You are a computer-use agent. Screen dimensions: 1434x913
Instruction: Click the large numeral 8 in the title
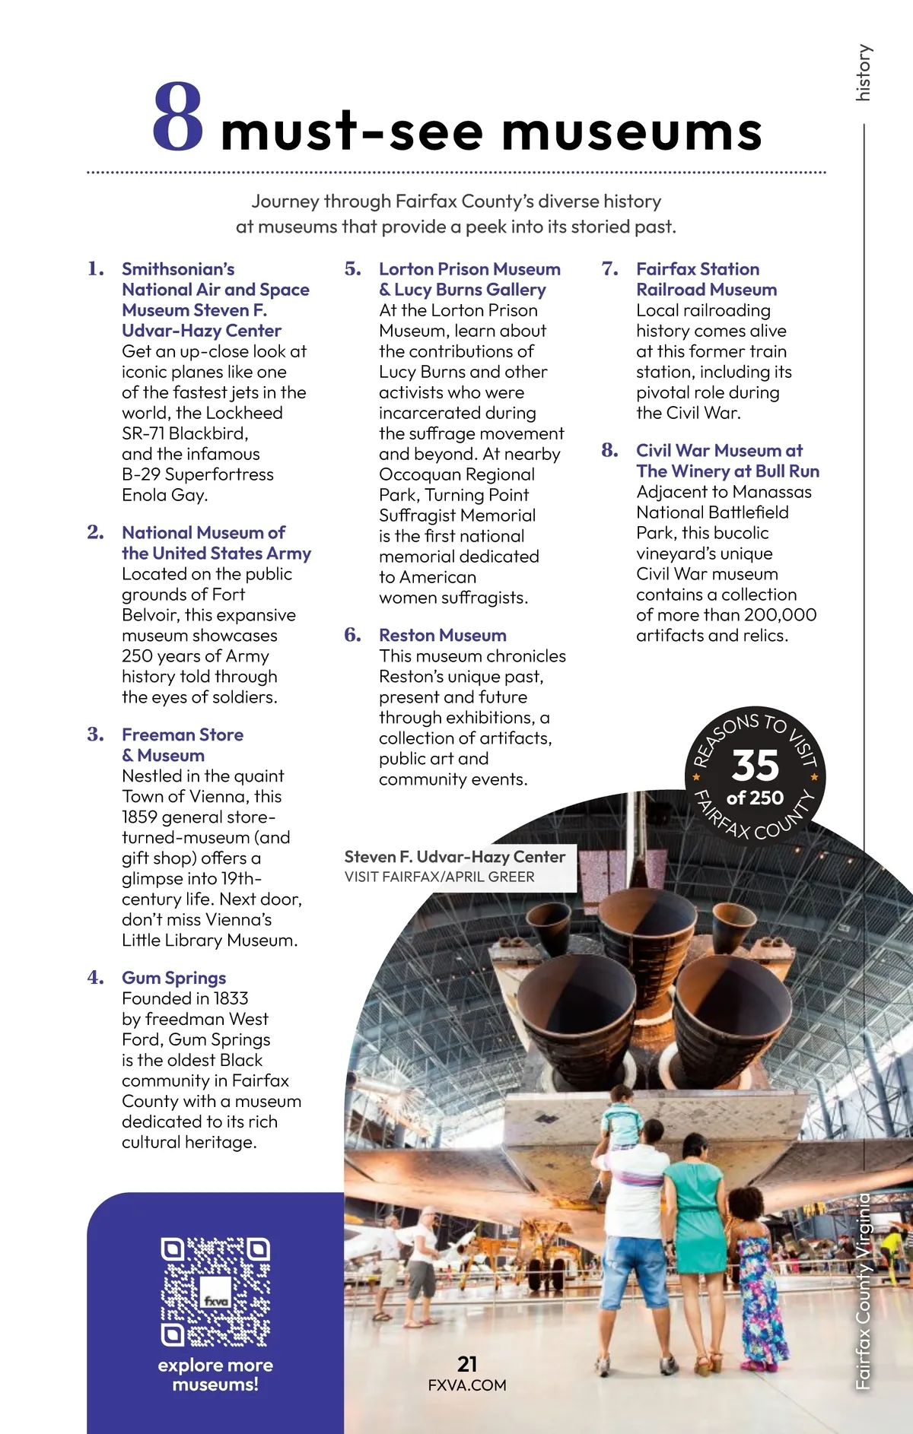tap(177, 118)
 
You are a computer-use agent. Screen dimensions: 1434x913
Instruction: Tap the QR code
tap(215, 1291)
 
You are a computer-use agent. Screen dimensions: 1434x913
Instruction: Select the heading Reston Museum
tap(442, 635)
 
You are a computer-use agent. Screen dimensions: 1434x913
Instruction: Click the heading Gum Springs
tap(173, 978)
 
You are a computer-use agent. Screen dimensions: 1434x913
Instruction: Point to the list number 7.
tap(609, 268)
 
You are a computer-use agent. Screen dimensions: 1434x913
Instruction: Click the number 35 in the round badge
tap(755, 765)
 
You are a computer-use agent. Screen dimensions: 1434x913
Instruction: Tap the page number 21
tap(467, 1364)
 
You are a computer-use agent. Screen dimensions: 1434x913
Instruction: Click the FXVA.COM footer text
tap(467, 1385)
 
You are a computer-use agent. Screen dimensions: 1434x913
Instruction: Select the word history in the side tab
tap(863, 73)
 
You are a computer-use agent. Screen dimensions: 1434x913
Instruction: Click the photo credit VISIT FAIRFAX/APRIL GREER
tap(439, 877)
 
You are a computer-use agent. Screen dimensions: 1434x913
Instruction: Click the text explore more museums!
tap(215, 1375)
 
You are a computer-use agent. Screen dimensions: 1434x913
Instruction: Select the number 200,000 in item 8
tap(780, 614)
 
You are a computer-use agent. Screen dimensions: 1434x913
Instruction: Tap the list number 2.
tap(95, 532)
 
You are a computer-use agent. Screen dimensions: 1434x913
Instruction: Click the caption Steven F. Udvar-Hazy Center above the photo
tap(454, 857)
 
